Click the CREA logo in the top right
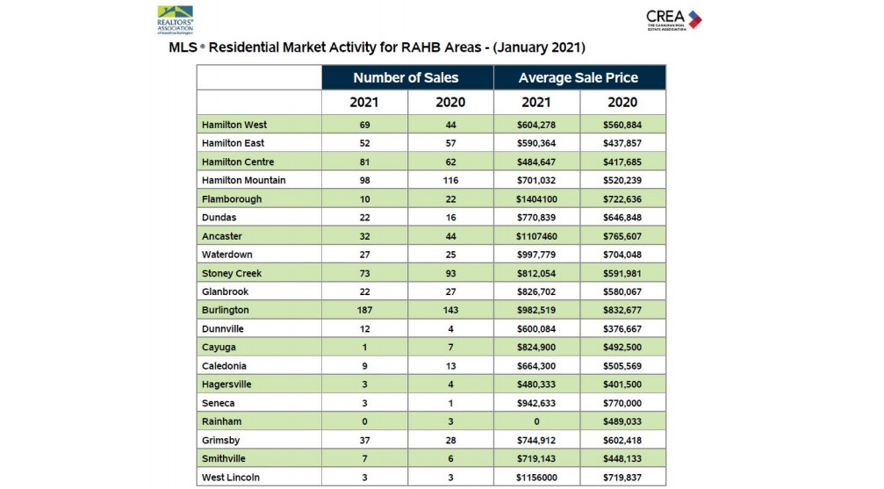(x=673, y=18)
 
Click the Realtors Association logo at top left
(x=175, y=19)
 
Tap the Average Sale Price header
(x=579, y=78)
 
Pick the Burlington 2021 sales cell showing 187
(x=364, y=310)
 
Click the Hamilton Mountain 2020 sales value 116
(x=450, y=180)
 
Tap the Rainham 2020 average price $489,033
(x=622, y=421)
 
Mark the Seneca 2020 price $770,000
(x=622, y=403)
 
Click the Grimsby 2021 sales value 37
(x=364, y=440)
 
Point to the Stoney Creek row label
(x=231, y=273)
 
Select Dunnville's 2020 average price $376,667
(x=622, y=329)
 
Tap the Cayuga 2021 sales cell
(x=364, y=348)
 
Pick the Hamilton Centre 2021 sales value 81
(x=364, y=162)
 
